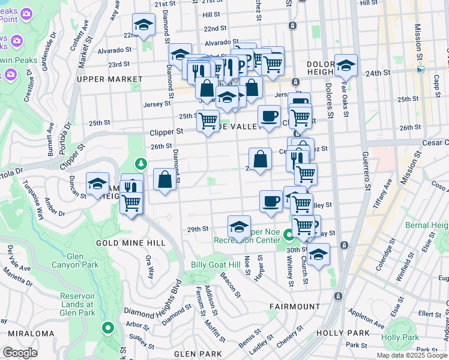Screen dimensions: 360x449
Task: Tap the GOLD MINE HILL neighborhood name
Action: tap(130, 243)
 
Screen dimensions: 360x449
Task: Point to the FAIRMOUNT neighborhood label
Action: tap(295, 307)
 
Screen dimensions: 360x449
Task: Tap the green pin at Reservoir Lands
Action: tap(107, 328)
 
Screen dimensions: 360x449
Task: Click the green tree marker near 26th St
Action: tap(141, 163)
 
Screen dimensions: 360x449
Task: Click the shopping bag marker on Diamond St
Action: tap(164, 179)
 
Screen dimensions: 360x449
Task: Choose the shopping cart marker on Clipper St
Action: tap(208, 121)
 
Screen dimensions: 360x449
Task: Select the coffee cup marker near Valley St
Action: tap(271, 200)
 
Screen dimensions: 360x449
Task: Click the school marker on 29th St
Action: tap(239, 227)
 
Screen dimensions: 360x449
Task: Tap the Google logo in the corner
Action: tap(20, 353)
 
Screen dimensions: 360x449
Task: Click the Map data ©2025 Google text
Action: tap(412, 355)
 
